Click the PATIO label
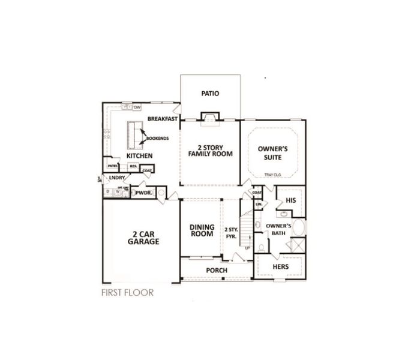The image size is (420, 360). pos(210,94)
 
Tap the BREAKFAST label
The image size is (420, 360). pos(163,119)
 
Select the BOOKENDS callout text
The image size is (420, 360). pos(157,139)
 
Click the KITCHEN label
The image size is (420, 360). pos(139,156)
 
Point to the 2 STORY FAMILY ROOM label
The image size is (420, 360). pos(210,151)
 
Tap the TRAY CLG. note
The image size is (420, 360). pos(272,175)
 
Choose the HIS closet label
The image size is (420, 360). pos(291,200)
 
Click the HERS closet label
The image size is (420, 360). pos(281,267)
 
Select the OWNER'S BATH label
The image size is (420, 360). pos(278,230)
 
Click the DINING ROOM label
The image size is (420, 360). pos(202,230)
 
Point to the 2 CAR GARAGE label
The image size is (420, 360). pos(143,238)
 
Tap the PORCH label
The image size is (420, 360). pos(217,271)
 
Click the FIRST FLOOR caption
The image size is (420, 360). pos(128,293)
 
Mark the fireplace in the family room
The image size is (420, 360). pos(209,116)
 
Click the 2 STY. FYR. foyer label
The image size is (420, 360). pos(231,233)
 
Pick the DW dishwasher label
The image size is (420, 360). pos(137,107)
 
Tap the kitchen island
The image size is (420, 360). pos(134,134)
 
